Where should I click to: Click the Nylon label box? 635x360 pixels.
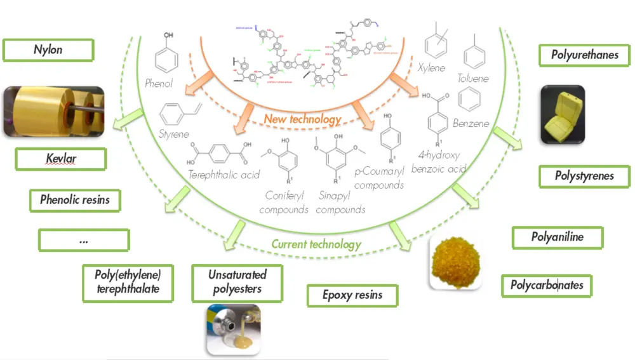48,50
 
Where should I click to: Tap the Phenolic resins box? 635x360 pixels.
75,200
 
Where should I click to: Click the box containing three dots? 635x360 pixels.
83,241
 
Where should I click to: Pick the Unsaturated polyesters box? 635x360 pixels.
237,283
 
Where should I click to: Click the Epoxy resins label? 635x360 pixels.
352,295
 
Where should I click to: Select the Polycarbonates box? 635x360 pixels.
546,286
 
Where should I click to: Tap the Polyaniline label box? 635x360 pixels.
557,238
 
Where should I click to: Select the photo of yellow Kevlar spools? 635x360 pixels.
52,112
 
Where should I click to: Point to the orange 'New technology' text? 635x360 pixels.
302,119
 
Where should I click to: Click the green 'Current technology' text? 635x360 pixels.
316,244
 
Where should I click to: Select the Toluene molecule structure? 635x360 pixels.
474,54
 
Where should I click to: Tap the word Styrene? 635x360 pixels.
175,135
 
